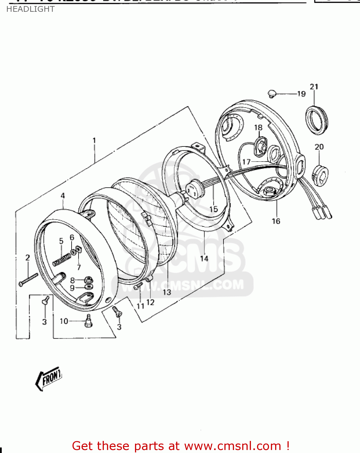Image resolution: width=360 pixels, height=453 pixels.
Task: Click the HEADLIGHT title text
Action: click(x=30, y=9)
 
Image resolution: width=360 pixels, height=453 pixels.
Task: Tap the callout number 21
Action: click(x=314, y=87)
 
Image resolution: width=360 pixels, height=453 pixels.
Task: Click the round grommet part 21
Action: click(x=317, y=120)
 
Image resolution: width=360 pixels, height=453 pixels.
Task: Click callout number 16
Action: click(x=276, y=221)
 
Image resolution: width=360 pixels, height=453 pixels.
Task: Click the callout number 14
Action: click(x=204, y=259)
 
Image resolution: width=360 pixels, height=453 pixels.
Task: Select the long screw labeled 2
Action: click(x=28, y=279)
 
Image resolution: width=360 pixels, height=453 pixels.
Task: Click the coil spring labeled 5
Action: click(x=62, y=259)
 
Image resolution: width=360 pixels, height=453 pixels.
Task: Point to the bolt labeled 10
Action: click(x=88, y=321)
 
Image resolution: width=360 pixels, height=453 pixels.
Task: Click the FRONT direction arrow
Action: click(x=49, y=378)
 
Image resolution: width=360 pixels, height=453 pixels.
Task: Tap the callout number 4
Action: click(x=63, y=196)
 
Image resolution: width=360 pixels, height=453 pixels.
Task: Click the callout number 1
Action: click(x=94, y=140)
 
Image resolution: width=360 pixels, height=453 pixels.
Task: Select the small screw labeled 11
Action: click(x=138, y=286)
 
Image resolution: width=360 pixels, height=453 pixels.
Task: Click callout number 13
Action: click(x=167, y=292)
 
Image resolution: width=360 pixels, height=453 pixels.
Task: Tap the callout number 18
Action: click(x=258, y=127)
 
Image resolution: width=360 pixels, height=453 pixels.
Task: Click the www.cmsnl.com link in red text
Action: click(x=233, y=446)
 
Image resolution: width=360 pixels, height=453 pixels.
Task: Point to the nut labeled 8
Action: click(x=88, y=279)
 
